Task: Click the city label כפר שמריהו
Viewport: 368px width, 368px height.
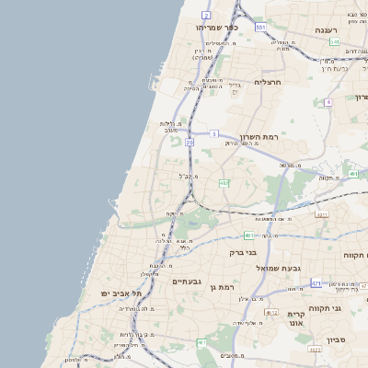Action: (217, 28)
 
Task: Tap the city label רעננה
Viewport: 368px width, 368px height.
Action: (328, 30)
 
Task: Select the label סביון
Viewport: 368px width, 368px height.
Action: (335, 339)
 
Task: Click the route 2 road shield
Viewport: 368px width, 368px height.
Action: (206, 16)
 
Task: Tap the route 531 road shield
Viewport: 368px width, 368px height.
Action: (261, 28)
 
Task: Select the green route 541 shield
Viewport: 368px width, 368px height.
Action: (334, 42)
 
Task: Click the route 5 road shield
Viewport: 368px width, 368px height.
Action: (213, 134)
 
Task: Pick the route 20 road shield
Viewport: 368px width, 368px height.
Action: (190, 143)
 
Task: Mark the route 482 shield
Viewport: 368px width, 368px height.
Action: (224, 183)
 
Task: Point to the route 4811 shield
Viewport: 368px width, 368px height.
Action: (321, 215)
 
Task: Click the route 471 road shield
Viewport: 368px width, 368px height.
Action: (316, 283)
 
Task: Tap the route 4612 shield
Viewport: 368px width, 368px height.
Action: (271, 312)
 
